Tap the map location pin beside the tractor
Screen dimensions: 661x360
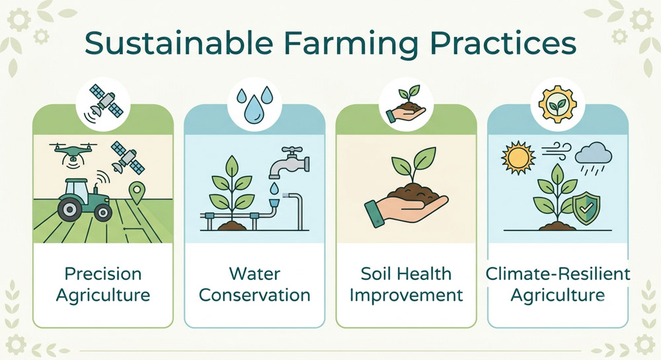click(x=137, y=193)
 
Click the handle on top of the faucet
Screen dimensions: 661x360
click(x=292, y=151)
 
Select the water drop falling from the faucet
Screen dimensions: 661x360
click(x=274, y=188)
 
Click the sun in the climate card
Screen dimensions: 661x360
click(x=518, y=158)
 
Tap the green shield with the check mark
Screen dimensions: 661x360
click(x=586, y=208)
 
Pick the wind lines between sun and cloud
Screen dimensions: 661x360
click(x=557, y=151)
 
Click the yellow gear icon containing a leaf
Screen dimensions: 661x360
click(x=557, y=104)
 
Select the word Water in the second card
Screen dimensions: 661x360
click(x=254, y=274)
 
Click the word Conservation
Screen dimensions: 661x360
click(x=254, y=295)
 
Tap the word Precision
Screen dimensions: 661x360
click(x=103, y=274)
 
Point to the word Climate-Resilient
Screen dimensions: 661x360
click(x=558, y=274)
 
